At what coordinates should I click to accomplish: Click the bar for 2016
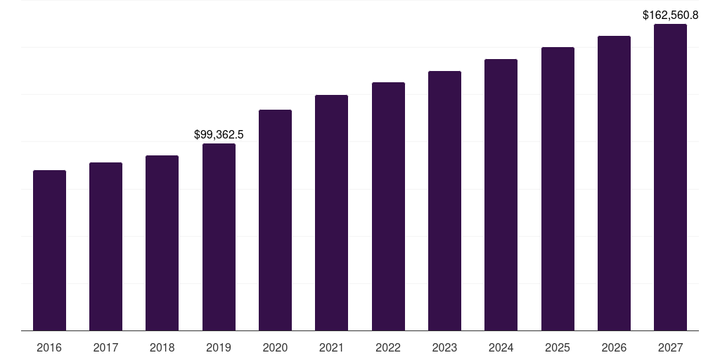point(49,250)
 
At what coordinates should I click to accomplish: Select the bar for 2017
point(105,246)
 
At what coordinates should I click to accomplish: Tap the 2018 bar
point(162,243)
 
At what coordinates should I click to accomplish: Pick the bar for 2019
point(219,237)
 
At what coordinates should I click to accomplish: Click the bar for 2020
point(275,220)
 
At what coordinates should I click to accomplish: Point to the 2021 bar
point(331,212)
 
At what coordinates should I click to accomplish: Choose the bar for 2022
point(388,206)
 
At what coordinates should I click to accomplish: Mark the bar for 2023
point(444,200)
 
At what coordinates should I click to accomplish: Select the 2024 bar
point(501,195)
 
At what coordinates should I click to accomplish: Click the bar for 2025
point(558,188)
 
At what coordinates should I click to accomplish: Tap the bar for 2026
point(614,183)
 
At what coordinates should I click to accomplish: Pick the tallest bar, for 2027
point(670,177)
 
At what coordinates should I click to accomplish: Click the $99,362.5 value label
point(219,134)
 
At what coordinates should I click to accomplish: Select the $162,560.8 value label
point(670,15)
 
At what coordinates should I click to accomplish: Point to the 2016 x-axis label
point(49,347)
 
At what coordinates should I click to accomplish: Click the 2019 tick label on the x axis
point(219,347)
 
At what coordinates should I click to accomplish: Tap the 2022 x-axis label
point(388,347)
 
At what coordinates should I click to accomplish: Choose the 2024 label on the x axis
point(501,347)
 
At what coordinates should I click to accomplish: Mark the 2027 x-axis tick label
point(670,347)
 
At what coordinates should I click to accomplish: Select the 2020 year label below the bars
point(275,347)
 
